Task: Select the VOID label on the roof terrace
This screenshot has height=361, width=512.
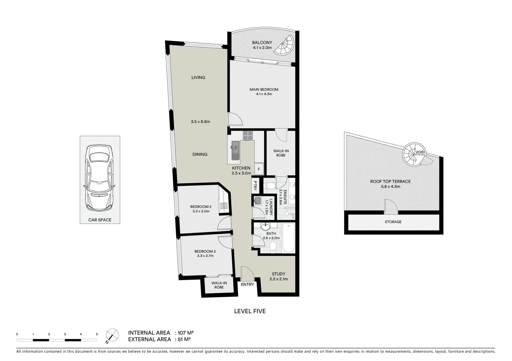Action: click(x=420, y=152)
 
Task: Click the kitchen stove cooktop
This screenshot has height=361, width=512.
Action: click(x=248, y=135)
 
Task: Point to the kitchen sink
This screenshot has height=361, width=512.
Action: click(x=235, y=147)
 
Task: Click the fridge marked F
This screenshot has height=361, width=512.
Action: click(x=259, y=169)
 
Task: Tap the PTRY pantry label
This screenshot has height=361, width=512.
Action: click(x=255, y=185)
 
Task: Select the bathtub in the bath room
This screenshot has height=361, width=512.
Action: click(x=288, y=238)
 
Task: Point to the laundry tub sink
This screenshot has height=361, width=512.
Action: click(x=257, y=201)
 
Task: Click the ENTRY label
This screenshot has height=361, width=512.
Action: click(x=247, y=284)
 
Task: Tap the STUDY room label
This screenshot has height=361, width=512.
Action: click(x=278, y=274)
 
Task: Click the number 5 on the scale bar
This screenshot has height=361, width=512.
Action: click(x=97, y=334)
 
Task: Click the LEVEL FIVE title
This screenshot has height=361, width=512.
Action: click(x=249, y=311)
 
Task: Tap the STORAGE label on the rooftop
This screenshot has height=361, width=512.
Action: click(x=393, y=222)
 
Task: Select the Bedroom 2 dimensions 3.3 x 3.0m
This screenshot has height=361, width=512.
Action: click(x=201, y=211)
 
